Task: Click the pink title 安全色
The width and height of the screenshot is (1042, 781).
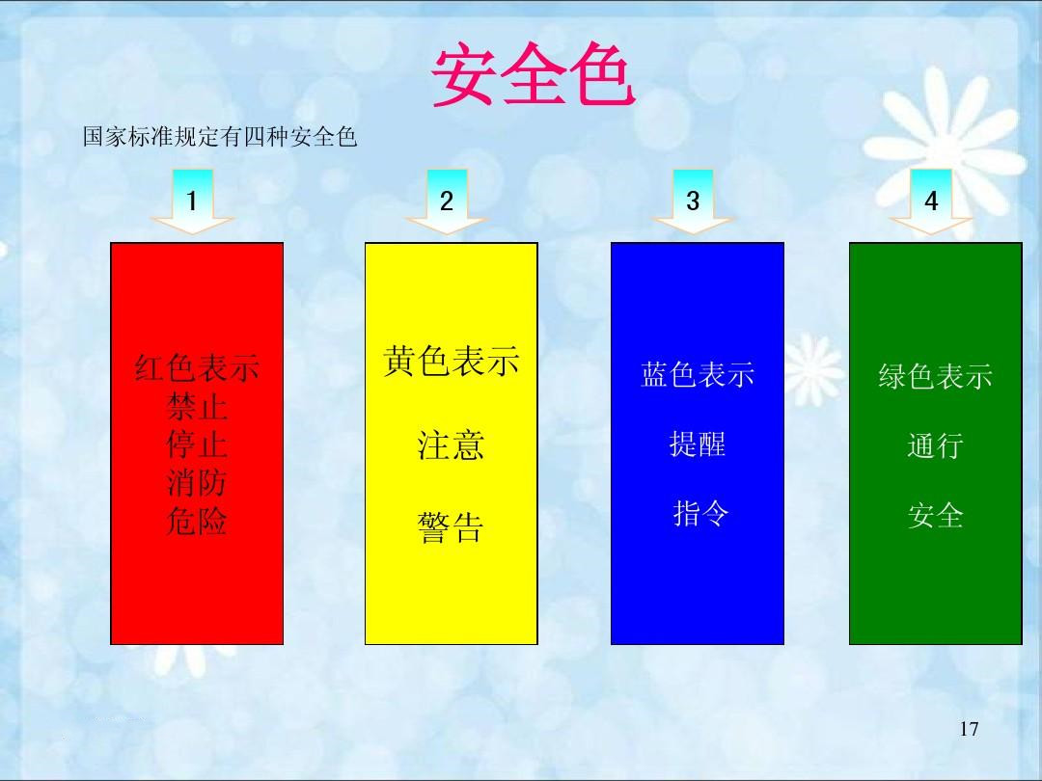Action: coord(533,76)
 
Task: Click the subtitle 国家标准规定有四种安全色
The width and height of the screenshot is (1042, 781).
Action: coord(220,138)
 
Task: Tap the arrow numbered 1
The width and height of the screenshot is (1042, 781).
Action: coord(193,202)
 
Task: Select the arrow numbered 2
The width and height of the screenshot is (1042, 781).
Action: coord(447,202)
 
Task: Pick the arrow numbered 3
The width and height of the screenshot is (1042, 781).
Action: coord(693,202)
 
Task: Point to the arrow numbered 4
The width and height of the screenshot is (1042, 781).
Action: coord(931,202)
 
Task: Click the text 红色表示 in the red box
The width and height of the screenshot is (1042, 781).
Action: coord(197,368)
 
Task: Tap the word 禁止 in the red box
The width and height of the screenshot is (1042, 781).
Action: coord(197,407)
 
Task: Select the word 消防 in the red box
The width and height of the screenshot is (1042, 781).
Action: coord(197,483)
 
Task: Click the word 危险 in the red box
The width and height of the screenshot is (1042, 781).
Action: coord(197,522)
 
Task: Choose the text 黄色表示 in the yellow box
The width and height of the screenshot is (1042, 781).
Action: coord(451,362)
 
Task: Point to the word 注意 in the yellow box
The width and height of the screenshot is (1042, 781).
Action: coord(451,445)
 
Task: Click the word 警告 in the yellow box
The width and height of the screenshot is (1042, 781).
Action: coord(451,527)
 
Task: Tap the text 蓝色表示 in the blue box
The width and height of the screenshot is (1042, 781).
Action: coord(698,374)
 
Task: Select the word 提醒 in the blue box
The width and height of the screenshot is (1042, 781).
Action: coord(698,444)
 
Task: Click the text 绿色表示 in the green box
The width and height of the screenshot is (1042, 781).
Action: coord(935,376)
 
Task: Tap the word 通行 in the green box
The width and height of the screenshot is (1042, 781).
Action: coord(935,446)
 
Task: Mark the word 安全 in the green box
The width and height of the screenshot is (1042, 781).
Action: coord(935,516)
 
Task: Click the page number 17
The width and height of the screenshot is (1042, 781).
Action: coord(970,729)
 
